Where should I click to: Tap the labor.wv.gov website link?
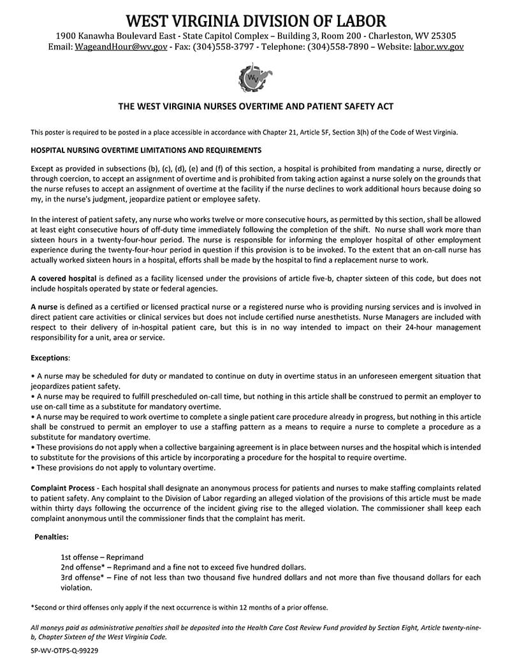click(439, 47)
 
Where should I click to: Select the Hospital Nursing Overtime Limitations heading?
click(146, 150)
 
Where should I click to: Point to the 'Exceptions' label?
click(50, 358)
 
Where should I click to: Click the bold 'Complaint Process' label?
click(62, 488)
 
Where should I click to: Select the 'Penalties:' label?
click(52, 538)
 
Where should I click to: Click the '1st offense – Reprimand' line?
click(102, 557)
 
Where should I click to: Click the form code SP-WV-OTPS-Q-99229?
click(64, 650)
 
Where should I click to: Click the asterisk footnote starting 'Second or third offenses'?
click(179, 607)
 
